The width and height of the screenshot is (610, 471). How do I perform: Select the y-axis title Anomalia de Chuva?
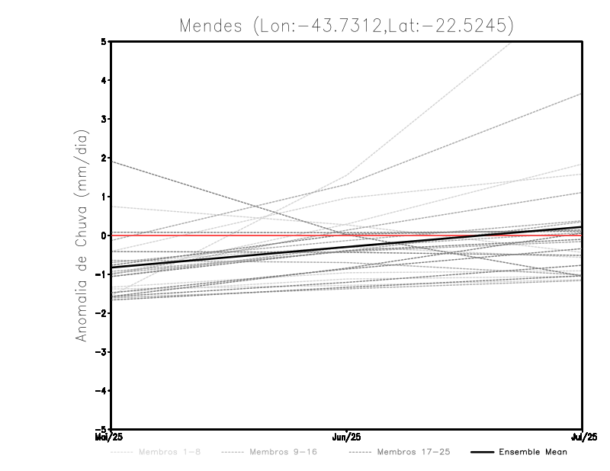coord(81,235)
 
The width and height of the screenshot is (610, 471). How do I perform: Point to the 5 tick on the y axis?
coord(104,41)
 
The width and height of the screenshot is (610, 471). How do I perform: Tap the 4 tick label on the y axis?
coord(104,80)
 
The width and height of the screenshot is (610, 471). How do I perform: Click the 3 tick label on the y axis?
coord(104,119)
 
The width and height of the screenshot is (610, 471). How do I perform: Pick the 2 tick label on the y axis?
coord(104,158)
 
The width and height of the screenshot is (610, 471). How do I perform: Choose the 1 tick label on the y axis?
coord(104,197)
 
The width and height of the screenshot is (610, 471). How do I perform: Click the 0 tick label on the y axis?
coord(104,235)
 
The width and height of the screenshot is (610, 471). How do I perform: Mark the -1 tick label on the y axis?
coord(102,274)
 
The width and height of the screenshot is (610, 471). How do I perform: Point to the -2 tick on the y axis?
coord(102,313)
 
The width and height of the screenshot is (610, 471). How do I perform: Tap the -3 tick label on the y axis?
coord(102,352)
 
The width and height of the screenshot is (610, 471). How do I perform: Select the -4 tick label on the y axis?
coord(102,391)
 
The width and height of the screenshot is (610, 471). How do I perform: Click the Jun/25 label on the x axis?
coord(347,437)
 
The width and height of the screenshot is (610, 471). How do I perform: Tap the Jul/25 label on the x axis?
coord(583,437)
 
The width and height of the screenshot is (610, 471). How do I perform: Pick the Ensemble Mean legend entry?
coord(532,452)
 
